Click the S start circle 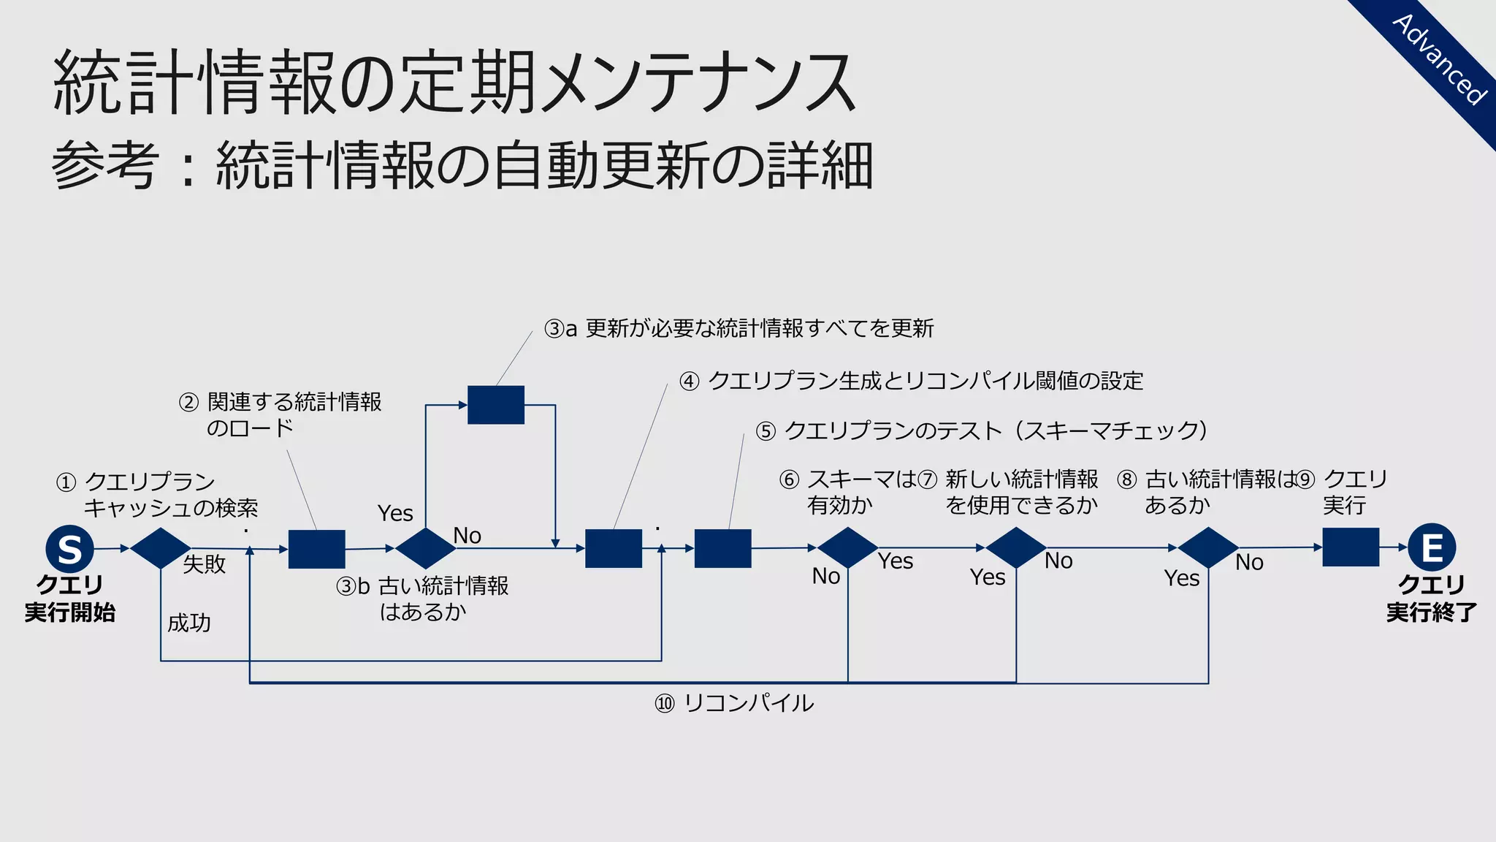click(x=69, y=548)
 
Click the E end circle click(x=1432, y=547)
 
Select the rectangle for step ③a click(x=496, y=405)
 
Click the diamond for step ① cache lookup click(x=161, y=548)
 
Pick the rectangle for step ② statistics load click(x=316, y=549)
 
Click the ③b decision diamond click(x=425, y=548)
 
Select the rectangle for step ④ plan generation click(x=614, y=548)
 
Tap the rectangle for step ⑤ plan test click(x=722, y=548)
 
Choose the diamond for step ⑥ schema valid click(x=847, y=547)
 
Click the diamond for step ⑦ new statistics click(x=1016, y=547)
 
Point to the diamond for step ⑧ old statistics click(x=1208, y=547)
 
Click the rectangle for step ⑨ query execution click(x=1351, y=547)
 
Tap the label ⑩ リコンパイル click(x=734, y=703)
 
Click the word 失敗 click(x=204, y=564)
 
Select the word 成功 click(x=189, y=623)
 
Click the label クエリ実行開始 click(x=70, y=599)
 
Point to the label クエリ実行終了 click(x=1431, y=599)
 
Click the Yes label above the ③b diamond click(x=395, y=513)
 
